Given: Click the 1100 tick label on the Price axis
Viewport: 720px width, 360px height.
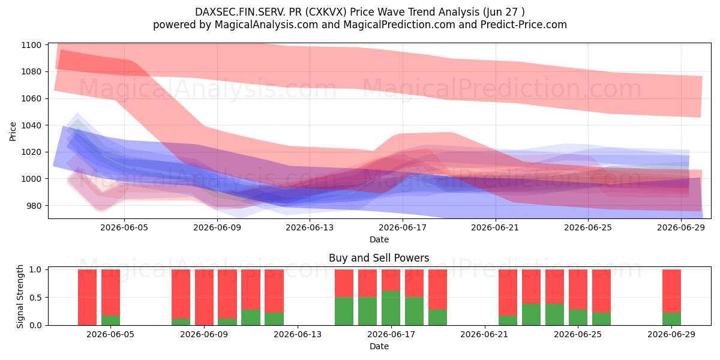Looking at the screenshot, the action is click(x=31, y=45).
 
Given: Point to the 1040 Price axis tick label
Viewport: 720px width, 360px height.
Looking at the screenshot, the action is click(x=31, y=125).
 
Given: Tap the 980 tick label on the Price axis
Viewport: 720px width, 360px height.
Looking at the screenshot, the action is click(x=34, y=206).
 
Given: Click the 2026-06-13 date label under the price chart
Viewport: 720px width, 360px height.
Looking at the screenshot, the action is click(x=310, y=227).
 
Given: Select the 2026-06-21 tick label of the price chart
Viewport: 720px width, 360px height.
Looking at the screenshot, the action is click(x=495, y=227).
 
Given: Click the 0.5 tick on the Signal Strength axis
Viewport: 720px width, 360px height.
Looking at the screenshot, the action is click(x=35, y=298).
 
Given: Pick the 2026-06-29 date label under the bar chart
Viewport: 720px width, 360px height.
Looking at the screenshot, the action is click(x=671, y=334).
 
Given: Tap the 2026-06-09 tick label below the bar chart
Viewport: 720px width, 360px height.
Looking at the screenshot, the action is click(x=204, y=334).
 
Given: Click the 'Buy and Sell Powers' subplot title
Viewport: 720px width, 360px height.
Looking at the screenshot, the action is click(x=379, y=258).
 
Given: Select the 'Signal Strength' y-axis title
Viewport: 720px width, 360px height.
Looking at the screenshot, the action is click(x=20, y=296).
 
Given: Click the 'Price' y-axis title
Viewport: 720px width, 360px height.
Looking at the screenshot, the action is click(x=13, y=131).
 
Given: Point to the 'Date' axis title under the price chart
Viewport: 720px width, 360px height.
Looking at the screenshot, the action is click(x=379, y=239).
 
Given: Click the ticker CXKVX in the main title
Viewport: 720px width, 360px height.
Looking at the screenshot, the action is click(x=326, y=12).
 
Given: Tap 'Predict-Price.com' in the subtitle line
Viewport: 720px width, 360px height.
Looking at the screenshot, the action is click(x=524, y=25).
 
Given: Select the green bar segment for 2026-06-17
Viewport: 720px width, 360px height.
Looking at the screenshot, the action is click(x=391, y=308).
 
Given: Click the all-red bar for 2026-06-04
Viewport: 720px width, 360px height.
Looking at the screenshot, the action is click(x=87, y=298).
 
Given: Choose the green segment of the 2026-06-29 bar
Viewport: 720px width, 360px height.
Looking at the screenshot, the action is click(x=671, y=319).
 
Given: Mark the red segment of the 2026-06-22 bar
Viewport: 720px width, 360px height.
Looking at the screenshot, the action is click(x=508, y=293).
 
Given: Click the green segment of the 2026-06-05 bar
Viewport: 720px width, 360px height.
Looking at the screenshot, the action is click(x=110, y=320).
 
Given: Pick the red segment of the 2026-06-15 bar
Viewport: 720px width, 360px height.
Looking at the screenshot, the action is click(x=344, y=283).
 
